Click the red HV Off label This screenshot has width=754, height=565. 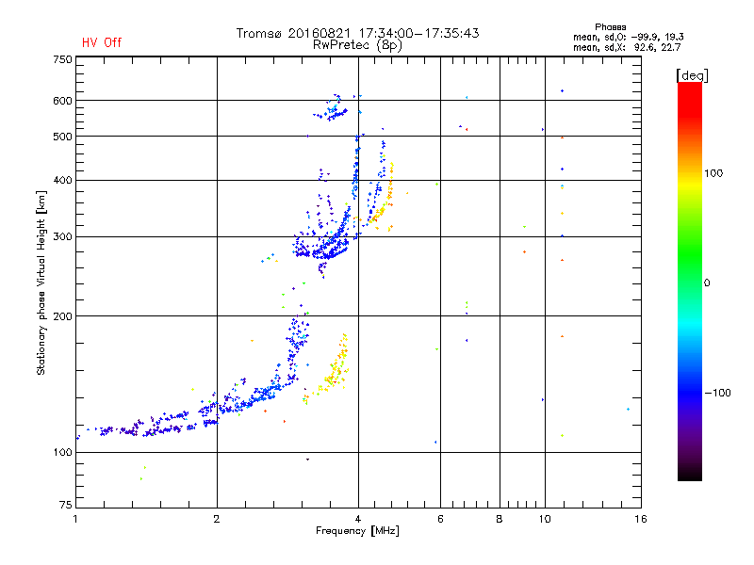102,42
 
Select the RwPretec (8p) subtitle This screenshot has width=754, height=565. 357,45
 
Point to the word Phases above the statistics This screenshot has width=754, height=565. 610,27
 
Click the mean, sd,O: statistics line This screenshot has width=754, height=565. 628,37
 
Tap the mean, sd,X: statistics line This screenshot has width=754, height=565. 627,47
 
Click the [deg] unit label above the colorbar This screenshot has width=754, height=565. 692,75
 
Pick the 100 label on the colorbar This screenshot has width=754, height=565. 713,173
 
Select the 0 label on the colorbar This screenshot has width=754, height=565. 707,283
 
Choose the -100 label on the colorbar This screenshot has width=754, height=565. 717,393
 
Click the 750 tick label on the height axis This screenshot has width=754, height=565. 62,59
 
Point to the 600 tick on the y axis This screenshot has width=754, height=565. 62,101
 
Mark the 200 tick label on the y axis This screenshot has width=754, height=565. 62,316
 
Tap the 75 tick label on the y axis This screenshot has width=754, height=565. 65,505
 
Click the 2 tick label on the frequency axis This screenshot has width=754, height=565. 217,519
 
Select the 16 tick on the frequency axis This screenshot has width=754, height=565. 641,519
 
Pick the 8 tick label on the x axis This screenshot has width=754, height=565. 500,519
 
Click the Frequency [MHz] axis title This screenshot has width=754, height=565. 357,531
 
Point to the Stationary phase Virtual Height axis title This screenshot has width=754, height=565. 41,283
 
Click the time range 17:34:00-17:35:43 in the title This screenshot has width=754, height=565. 418,33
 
